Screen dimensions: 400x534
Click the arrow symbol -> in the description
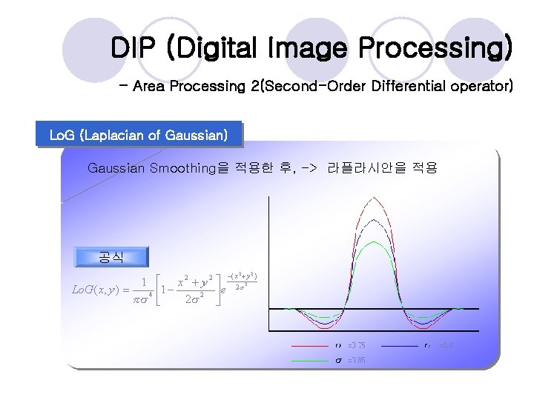pos(308,168)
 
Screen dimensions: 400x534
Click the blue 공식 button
pos(111,257)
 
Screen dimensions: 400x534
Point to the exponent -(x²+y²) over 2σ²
pos(242,281)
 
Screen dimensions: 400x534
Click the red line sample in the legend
pos(309,345)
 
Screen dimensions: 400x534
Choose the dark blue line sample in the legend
pos(400,345)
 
